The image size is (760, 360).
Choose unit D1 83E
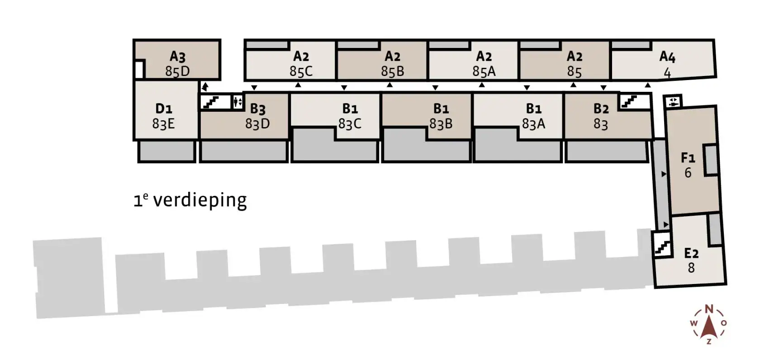coord(163,116)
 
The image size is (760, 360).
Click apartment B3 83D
coord(257,116)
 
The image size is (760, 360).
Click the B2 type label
coord(601,109)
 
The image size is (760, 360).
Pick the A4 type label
coord(667,57)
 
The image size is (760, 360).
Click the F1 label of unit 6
coord(688,157)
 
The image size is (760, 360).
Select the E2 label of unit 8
coord(691,253)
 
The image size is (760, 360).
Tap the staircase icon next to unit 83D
coord(211,102)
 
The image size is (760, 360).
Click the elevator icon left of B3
coord(237,102)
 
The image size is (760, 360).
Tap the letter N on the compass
coord(709,309)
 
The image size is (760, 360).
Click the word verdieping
coord(200,200)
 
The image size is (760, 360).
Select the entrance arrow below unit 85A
coord(482,85)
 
